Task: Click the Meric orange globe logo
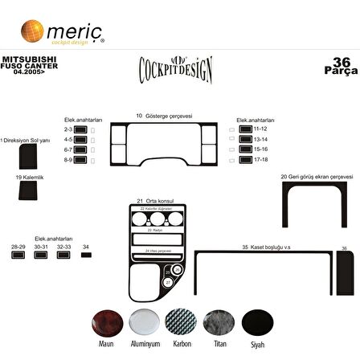tap(31, 31)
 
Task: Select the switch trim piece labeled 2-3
tap(80, 129)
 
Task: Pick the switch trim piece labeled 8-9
tap(80, 159)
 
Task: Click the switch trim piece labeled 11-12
tap(246, 129)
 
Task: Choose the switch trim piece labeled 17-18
tap(246, 159)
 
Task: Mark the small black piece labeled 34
tap(86, 255)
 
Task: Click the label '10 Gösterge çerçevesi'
tap(165, 116)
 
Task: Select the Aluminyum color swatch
tap(144, 323)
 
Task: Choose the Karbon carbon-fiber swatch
tap(181, 323)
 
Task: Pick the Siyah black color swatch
tap(256, 323)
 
